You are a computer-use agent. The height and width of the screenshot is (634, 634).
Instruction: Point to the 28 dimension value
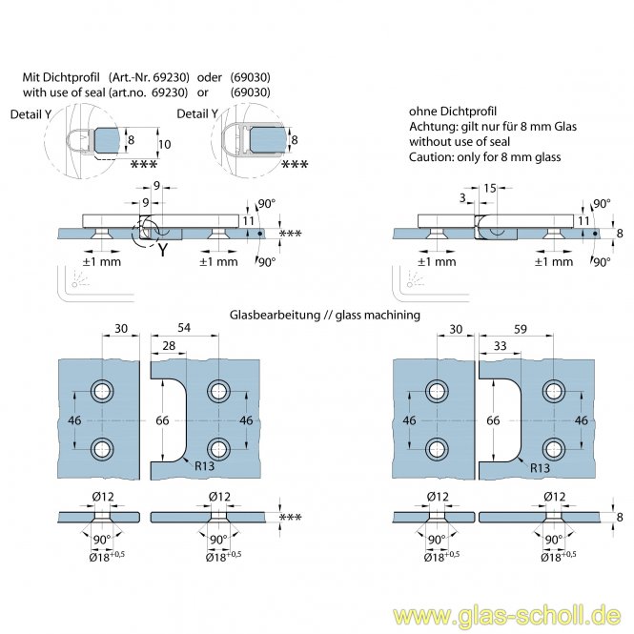[168, 343]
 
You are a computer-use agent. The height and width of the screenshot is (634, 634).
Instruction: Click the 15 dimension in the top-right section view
[490, 189]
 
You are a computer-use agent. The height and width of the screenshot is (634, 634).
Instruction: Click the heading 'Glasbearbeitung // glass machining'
[325, 315]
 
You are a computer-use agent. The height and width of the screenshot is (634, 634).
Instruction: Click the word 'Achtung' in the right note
[431, 125]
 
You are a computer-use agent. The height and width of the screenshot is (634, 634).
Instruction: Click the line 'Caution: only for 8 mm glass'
[485, 157]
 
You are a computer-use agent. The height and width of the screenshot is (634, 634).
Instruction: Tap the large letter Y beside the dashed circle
[163, 252]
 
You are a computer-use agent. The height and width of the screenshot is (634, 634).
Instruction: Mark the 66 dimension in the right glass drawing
[493, 419]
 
